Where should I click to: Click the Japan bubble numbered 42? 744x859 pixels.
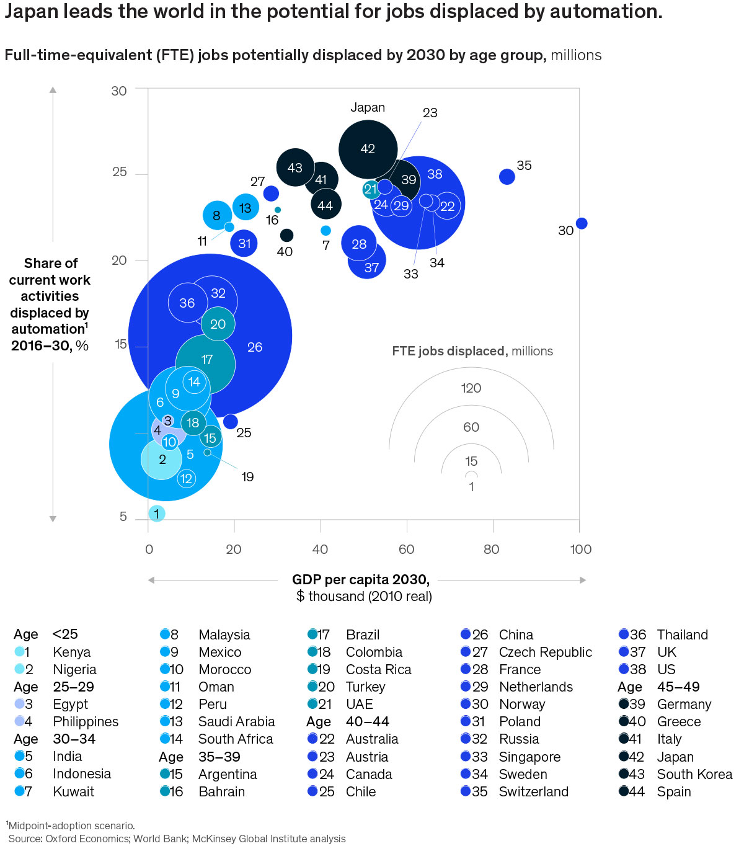coord(368,149)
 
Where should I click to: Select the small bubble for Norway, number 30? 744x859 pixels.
coord(581,223)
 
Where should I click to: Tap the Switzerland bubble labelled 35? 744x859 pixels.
coord(507,177)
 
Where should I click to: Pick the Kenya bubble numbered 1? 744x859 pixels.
coord(156,514)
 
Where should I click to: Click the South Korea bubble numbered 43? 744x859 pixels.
coord(295,167)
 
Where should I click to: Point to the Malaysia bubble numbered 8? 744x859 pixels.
coord(216,215)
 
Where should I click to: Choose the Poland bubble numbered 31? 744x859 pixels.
coord(244,243)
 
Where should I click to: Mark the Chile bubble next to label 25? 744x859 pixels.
coord(230,422)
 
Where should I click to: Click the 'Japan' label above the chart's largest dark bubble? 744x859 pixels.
coord(368,107)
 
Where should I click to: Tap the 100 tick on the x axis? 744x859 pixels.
coord(581,549)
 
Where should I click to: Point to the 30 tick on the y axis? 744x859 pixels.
coord(119,91)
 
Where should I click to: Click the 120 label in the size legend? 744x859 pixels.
coord(471,388)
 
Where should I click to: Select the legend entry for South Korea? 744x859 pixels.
coord(694,774)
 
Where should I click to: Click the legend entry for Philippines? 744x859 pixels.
coord(86,721)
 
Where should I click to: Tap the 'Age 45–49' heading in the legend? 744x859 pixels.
coord(658,687)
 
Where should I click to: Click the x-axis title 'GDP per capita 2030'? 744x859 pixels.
coord(361,579)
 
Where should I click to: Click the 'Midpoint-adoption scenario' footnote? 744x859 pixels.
coord(71,826)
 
